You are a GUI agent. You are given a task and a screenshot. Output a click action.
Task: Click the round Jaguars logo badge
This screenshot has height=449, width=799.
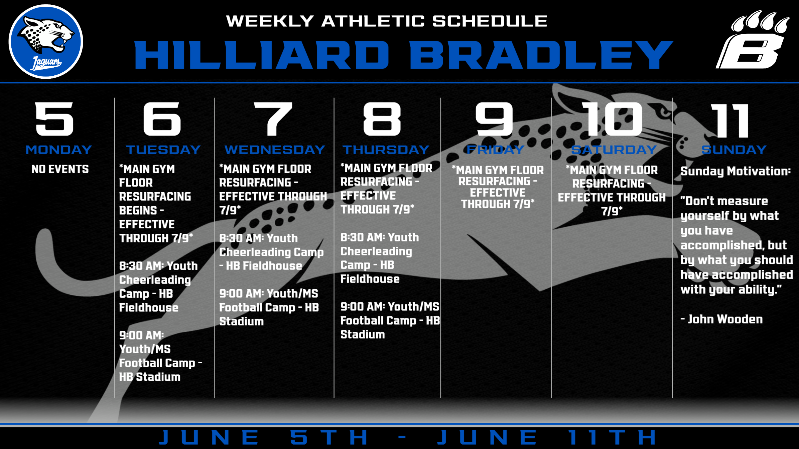coord(46,42)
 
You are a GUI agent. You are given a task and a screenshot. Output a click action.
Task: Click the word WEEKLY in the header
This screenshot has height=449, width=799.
coord(270,21)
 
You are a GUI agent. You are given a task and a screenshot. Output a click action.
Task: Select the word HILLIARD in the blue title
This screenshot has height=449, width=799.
coord(261,55)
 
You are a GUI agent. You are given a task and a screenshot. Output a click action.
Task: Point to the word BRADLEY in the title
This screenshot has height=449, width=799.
coord(541,55)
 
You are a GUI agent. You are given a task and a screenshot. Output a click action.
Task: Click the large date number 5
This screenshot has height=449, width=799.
coord(55,119)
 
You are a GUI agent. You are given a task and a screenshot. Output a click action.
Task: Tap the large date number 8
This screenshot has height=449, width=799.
coord(382,119)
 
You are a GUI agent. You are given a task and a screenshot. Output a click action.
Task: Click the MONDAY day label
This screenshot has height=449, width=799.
coord(59,150)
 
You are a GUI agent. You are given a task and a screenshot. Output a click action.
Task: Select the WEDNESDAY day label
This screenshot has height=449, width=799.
coord(275,150)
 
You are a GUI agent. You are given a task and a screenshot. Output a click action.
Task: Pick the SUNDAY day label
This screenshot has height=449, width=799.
coord(734,150)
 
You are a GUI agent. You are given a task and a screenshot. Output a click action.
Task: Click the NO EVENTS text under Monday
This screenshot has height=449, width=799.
coord(60,169)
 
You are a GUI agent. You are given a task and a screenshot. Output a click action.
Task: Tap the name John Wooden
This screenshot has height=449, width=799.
coord(725,319)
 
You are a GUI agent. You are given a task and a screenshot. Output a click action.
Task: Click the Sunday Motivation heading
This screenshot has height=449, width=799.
coord(735,171)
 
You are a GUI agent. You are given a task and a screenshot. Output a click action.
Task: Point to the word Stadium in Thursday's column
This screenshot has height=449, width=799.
coord(362,334)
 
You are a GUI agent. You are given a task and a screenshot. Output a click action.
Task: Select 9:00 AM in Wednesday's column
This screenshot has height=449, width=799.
coord(242,294)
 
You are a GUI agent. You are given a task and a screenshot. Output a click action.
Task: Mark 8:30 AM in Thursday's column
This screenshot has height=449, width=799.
coord(363,237)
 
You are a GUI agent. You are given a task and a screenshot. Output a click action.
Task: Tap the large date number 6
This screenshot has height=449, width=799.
coord(162,119)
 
